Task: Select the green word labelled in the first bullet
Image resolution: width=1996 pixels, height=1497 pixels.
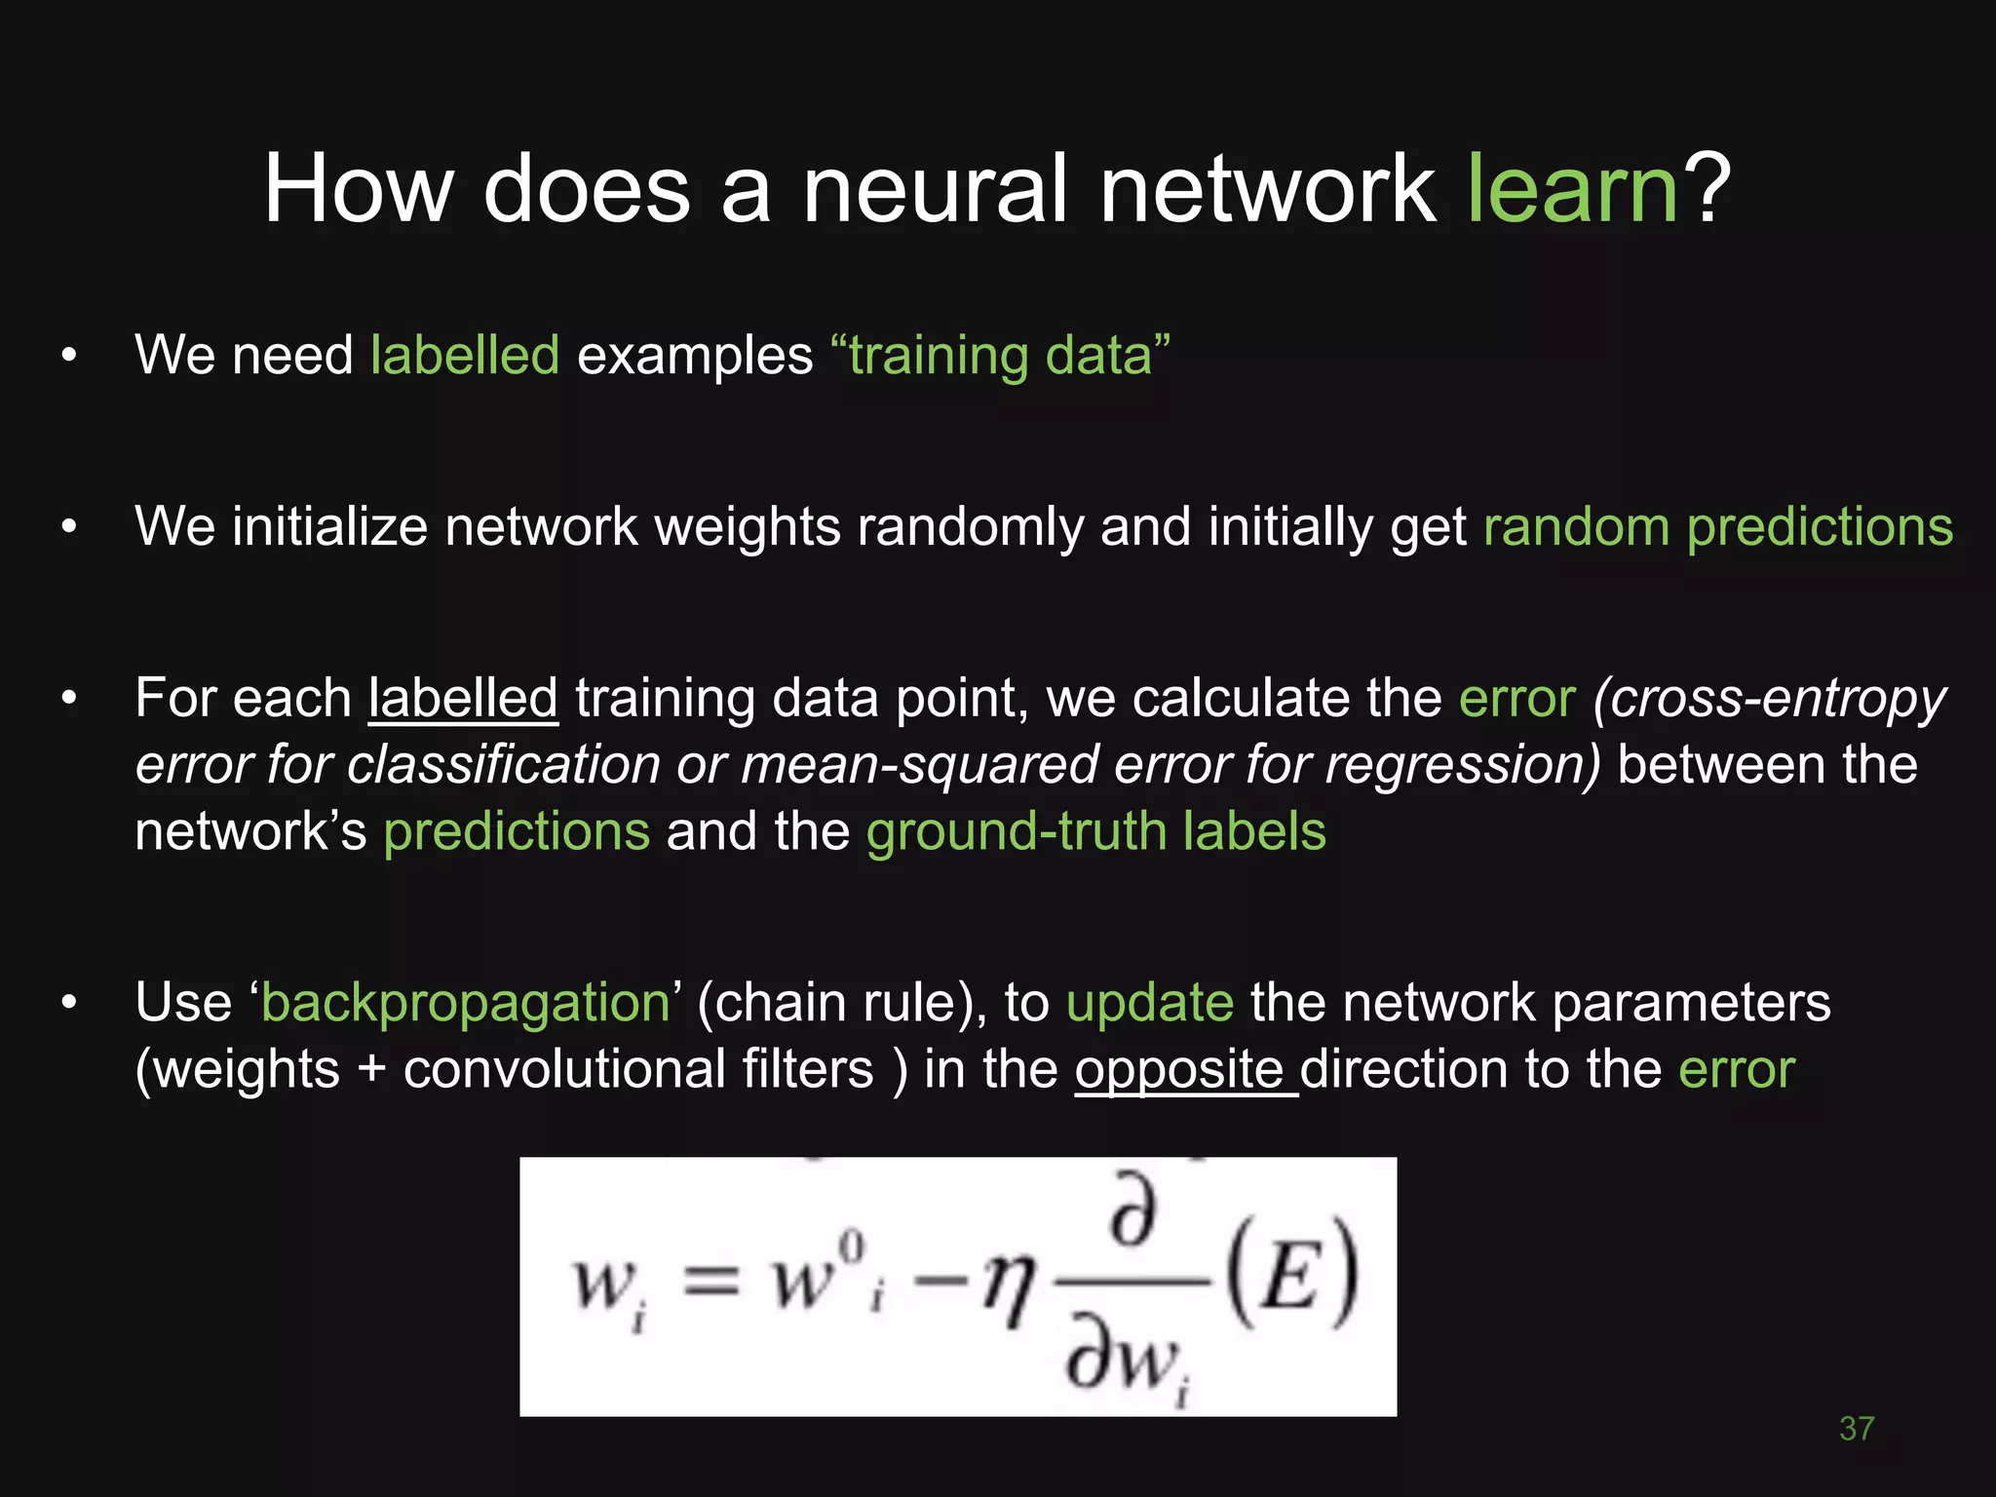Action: point(465,355)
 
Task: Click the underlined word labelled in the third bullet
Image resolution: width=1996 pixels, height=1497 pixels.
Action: point(463,699)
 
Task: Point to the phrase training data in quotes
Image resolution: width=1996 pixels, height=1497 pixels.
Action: point(1000,355)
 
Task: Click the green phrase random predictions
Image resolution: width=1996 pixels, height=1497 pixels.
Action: point(1717,527)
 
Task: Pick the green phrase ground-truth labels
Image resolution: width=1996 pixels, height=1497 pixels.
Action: point(1095,831)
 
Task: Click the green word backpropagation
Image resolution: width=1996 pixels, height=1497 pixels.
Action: point(466,1004)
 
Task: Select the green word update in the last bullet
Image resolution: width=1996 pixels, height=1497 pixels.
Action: point(1149,1003)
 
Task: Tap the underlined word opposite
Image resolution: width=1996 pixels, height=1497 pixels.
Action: point(1179,1070)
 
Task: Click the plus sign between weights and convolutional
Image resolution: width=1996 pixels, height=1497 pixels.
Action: point(371,1070)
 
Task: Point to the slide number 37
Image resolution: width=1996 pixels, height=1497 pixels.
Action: point(1856,1429)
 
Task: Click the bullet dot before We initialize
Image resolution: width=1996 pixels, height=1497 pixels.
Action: point(68,527)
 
